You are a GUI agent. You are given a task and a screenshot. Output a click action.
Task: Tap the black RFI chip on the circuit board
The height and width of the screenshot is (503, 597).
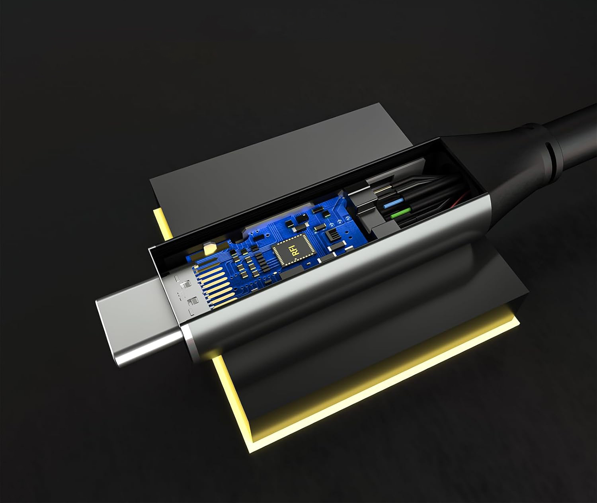click(x=295, y=249)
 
